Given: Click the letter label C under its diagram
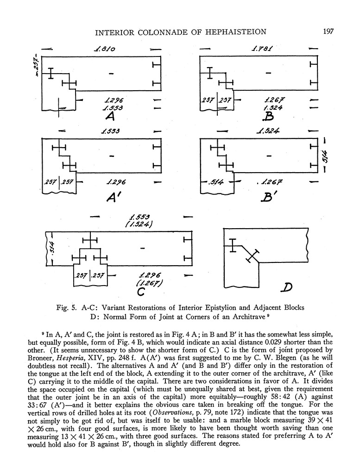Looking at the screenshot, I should point(142,292).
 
